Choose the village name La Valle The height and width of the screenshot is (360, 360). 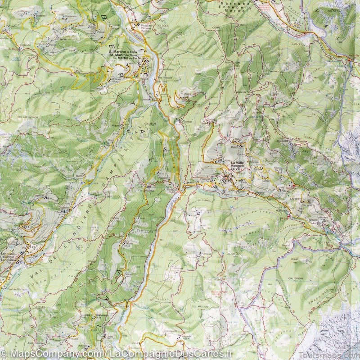[x=237, y=163]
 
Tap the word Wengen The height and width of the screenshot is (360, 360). [x=237, y=166]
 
